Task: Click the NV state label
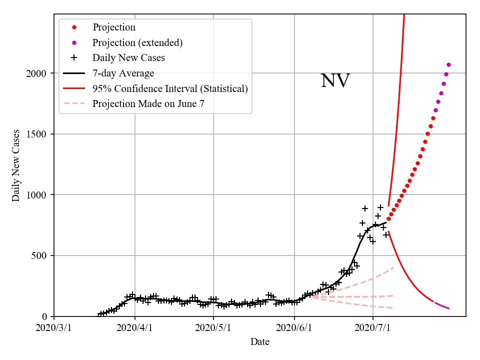click(335, 81)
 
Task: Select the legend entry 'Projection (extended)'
click(137, 42)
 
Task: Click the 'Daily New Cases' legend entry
click(128, 57)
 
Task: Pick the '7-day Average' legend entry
click(123, 73)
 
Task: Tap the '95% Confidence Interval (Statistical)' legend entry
click(170, 88)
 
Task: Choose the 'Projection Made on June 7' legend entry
click(148, 104)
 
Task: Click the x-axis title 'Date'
click(260, 342)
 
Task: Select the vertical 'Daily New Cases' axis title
click(16, 165)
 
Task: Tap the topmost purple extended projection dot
click(448, 64)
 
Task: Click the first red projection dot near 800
click(388, 218)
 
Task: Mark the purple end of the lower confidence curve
click(448, 308)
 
